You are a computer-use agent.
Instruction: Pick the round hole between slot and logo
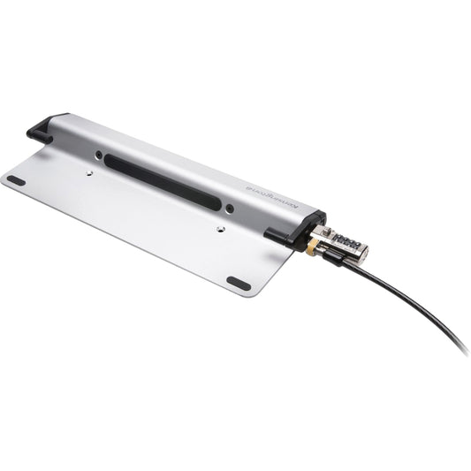coord(230,209)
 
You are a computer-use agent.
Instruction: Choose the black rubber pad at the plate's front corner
coord(239,283)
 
